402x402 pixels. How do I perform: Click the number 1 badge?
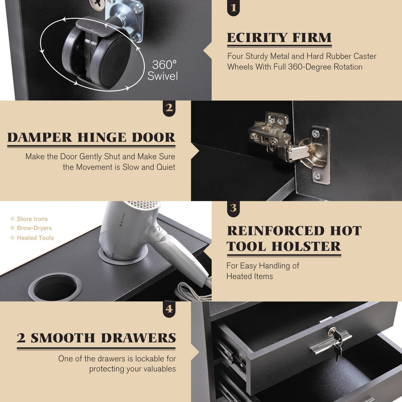coord(233,8)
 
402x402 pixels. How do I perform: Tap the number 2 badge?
coord(169,108)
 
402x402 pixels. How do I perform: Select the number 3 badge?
coord(233,208)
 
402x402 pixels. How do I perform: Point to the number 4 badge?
coord(169,309)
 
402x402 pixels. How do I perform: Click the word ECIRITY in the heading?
coord(257,38)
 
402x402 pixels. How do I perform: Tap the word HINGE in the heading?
coord(102,137)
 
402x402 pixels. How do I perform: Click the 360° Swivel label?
coord(163,70)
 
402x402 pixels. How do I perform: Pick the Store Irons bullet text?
coord(32,219)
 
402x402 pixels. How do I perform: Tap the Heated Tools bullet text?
coord(35,238)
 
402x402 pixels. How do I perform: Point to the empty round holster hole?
coord(55,287)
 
